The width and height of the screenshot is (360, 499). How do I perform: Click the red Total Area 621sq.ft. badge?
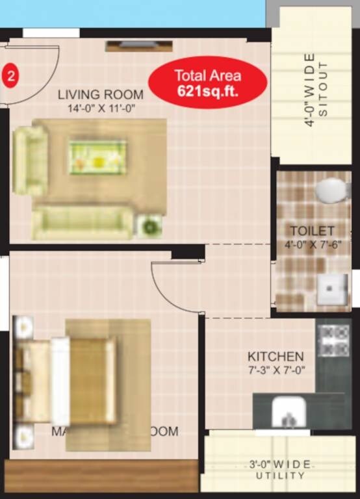click(207, 83)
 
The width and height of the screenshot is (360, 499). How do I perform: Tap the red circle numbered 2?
click(11, 75)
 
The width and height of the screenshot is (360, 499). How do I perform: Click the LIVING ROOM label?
click(100, 95)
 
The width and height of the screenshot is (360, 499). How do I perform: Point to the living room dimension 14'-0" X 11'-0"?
click(100, 109)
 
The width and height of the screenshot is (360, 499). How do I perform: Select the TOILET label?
click(312, 231)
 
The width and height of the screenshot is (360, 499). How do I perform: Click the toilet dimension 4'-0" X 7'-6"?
click(313, 245)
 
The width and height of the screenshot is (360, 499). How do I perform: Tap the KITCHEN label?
click(276, 357)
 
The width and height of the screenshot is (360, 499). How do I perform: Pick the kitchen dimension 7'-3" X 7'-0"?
click(276, 370)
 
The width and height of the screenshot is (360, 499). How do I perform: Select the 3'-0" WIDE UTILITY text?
click(281, 470)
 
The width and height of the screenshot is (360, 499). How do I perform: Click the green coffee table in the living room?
click(97, 157)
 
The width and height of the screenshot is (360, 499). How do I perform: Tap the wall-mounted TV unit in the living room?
click(139, 45)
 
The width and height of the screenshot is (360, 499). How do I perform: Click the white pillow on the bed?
click(60, 381)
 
